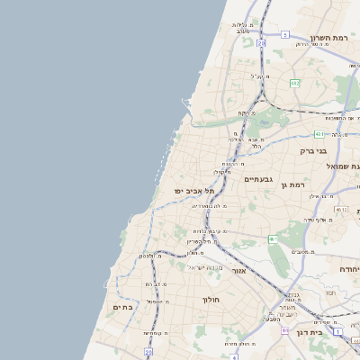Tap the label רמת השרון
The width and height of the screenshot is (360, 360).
pos(328,38)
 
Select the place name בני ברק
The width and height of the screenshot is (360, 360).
pos(311,150)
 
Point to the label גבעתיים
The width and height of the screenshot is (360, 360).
pos(264,179)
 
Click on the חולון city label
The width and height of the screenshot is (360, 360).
pos(211,299)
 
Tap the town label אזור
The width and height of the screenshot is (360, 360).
pos(238,271)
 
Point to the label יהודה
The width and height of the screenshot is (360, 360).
pos(349,269)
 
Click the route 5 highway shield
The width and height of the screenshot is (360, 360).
pos(284,34)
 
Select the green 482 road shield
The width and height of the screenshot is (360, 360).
pos(294,83)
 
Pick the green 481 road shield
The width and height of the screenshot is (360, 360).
pos(319,134)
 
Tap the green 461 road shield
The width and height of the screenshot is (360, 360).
pos(272,238)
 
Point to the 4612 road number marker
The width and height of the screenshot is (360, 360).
pos(340,209)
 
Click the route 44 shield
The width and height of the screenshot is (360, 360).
pos(284,330)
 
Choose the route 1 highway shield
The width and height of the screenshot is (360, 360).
pos(337,331)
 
